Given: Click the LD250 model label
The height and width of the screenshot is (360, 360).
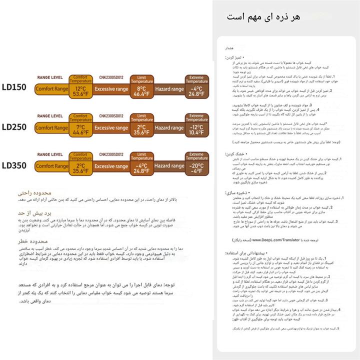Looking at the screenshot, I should pos(14,127).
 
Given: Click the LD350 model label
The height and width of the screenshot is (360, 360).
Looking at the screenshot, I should pos(14,165).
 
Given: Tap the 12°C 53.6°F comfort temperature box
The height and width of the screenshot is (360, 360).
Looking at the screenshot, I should pos(80,89).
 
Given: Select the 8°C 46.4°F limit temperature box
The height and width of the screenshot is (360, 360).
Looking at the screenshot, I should pos(141,89).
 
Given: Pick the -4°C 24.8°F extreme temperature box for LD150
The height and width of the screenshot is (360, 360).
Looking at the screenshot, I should pos(196,89).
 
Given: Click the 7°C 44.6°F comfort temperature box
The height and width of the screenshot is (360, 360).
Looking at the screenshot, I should pos(80,128).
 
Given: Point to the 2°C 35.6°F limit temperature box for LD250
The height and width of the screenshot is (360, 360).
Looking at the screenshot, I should pos(141,128).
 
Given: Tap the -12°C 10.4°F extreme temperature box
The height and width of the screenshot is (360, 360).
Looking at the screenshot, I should pos(196,128).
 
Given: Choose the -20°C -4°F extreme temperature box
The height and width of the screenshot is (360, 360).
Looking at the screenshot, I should pos(196,166).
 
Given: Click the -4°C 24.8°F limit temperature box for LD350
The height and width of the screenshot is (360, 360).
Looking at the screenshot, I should pos(141,166).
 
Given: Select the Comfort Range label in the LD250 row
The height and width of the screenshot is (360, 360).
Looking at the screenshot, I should pos(51,128).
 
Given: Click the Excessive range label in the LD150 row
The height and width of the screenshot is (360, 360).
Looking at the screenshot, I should pos(111,89).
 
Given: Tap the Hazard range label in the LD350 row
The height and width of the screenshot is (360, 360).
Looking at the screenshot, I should pos(169,166).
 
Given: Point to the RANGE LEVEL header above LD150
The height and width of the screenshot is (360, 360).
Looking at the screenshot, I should pos(50,77).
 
